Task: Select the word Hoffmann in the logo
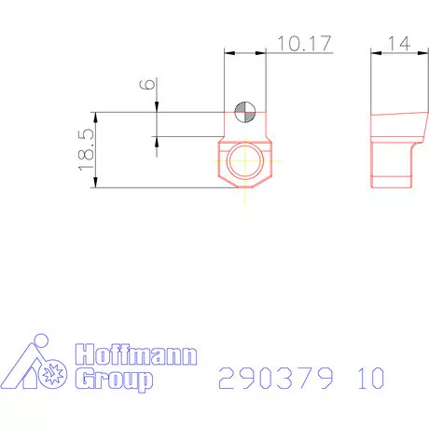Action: click(x=135, y=356)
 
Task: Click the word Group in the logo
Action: click(x=113, y=379)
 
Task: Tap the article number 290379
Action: click(x=276, y=379)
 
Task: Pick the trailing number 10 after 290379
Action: click(x=368, y=379)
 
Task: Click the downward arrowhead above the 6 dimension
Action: click(x=157, y=108)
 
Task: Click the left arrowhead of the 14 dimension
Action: click(x=374, y=52)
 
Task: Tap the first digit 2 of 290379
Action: click(x=227, y=379)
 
